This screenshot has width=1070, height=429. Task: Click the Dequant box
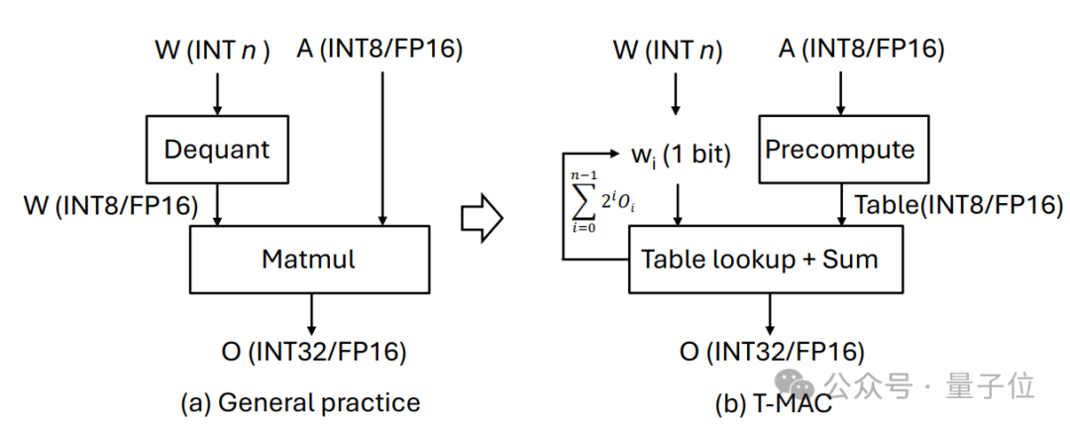pos(217,151)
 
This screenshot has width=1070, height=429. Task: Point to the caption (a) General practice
pos(300,402)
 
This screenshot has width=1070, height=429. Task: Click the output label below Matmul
pos(314,350)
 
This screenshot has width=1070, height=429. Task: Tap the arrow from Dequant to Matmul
pos(217,207)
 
